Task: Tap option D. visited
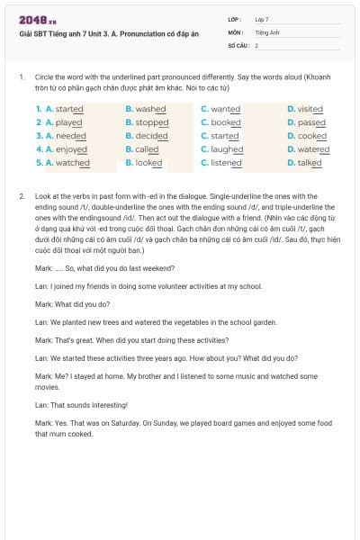pos(305,109)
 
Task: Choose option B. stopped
pos(147,122)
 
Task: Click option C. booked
pos(220,122)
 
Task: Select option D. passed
pos(306,122)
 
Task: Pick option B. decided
pos(147,136)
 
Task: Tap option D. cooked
pos(306,136)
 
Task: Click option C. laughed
pos(222,149)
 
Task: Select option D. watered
pos(308,149)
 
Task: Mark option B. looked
pos(144,163)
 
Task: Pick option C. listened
pos(221,163)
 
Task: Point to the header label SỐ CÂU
pos(238,44)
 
